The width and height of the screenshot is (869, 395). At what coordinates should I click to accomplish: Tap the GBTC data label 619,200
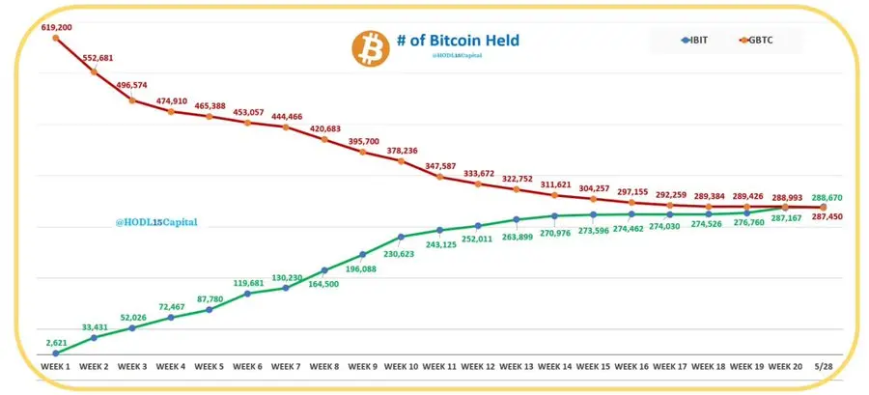click(x=57, y=29)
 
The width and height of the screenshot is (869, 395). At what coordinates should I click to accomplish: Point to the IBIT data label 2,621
click(x=57, y=343)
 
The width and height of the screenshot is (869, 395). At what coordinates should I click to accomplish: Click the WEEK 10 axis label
click(x=401, y=367)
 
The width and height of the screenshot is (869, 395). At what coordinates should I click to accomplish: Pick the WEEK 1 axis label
click(x=55, y=367)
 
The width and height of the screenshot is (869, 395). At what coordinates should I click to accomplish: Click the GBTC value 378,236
click(x=403, y=151)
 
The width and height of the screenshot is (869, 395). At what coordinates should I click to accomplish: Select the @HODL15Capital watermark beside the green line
click(x=156, y=222)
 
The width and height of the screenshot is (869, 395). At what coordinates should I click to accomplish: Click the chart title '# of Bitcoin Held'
click(x=458, y=41)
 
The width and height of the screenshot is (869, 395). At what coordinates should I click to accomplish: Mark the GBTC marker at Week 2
click(x=94, y=71)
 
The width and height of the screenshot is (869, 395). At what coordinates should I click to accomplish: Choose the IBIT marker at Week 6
click(x=248, y=293)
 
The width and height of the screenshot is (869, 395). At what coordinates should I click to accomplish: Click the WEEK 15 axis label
click(x=593, y=367)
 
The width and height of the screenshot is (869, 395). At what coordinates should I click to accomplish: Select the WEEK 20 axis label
click(x=784, y=367)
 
